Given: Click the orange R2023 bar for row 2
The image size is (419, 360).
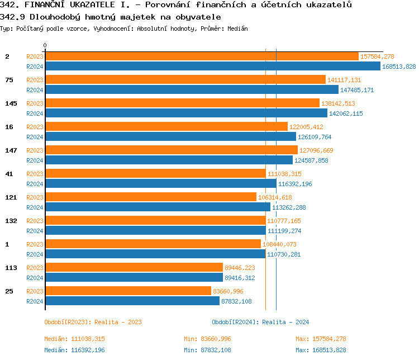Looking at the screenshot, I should point(201,56).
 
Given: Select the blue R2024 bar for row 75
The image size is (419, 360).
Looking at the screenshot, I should point(192,90).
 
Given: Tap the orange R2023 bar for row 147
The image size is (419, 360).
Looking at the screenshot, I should point(171,150).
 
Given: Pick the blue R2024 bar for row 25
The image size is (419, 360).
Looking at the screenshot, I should point(132,301).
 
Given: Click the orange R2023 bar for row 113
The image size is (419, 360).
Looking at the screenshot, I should point(134,268).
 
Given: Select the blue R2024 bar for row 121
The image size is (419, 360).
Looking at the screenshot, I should point(158,207).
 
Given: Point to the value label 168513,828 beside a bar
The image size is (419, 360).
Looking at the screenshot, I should point(399,67).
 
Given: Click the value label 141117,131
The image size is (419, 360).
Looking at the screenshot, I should point(344,80).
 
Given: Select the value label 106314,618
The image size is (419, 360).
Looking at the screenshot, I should point(275,197).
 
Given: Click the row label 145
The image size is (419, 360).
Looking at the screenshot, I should point(11,103).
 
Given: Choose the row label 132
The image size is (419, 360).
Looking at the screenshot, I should point(11,221).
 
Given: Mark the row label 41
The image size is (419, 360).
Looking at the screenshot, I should point(9,174).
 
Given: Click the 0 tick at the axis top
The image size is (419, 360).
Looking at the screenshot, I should point(45,45).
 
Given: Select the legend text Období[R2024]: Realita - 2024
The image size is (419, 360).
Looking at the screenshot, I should point(260,322).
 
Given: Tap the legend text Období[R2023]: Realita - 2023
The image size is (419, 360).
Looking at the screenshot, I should point(93,322).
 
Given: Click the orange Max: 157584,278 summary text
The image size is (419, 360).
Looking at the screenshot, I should point(321,339).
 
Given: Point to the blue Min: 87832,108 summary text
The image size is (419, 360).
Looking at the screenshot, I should point(207,350).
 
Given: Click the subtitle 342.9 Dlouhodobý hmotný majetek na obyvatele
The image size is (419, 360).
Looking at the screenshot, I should point(111,17).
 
